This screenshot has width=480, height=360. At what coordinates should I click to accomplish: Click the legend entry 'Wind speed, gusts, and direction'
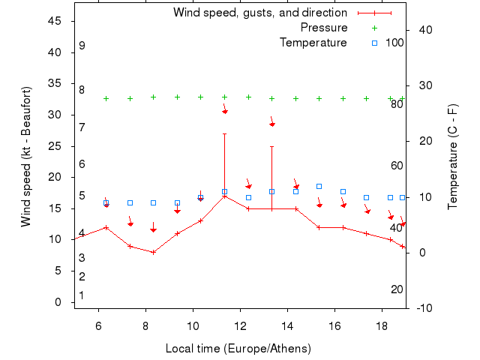tap(259, 13)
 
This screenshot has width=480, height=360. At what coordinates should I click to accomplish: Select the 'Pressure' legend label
tap(324, 28)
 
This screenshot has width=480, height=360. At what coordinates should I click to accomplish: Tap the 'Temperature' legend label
tap(313, 43)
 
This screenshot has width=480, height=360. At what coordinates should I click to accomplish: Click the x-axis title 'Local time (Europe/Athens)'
tap(238, 349)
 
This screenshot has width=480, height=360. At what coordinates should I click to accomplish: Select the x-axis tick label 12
tap(240, 325)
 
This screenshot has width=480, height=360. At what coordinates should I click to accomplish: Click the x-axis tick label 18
tap(382, 325)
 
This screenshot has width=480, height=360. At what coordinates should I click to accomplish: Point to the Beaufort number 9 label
tap(82, 46)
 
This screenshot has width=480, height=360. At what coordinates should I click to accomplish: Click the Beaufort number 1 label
tap(82, 295)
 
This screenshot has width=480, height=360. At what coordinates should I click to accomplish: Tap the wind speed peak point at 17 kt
tap(224, 196)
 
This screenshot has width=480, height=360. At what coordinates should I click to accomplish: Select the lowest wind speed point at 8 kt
tap(153, 252)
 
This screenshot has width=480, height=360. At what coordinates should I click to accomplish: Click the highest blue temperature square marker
tap(319, 186)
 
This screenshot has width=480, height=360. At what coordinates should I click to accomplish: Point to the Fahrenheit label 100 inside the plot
tap(394, 43)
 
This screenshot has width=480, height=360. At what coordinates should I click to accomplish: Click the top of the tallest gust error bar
tap(224, 133)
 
